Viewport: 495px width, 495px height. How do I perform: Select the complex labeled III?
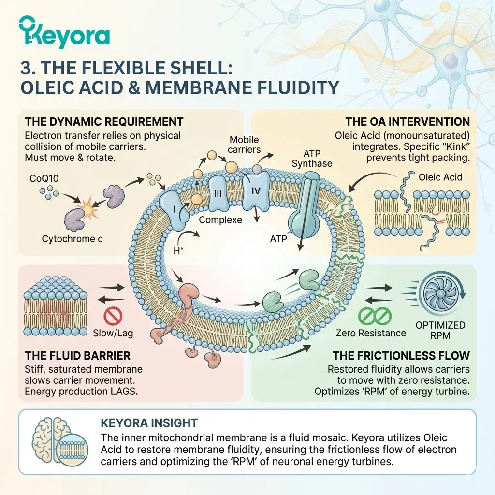[218, 193]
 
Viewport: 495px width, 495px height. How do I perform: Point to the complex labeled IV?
[256, 191]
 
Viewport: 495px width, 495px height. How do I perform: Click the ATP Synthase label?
[312, 157]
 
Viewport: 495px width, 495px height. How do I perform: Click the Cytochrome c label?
[73, 238]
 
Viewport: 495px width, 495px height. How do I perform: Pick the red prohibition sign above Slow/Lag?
[113, 316]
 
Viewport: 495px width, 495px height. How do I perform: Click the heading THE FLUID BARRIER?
[77, 356]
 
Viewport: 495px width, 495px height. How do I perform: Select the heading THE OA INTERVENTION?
[408, 121]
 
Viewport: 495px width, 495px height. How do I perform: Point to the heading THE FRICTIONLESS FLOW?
[401, 356]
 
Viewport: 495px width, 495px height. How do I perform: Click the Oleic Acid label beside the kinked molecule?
[440, 177]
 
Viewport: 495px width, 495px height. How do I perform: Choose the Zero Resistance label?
[371, 333]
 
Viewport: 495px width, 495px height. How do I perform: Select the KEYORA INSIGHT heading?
[149, 423]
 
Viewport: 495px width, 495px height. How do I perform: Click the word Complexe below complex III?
[220, 219]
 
